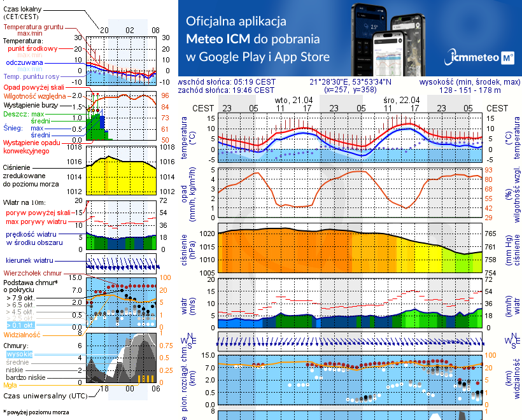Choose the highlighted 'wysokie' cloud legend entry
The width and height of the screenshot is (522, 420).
point(19,353)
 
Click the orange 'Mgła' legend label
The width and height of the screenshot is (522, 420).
point(10,385)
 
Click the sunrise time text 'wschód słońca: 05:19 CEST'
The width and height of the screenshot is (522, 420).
point(227,81)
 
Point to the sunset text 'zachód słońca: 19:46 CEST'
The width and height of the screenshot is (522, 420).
point(227,90)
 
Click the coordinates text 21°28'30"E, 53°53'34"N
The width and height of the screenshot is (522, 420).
point(351,81)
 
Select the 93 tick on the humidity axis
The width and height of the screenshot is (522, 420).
point(491,170)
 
